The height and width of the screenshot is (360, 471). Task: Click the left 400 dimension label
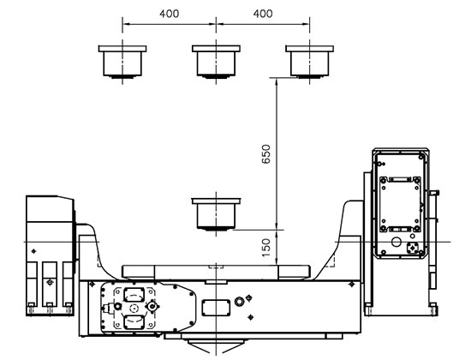coord(169,14)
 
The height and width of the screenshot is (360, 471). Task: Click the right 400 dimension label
coord(263,14)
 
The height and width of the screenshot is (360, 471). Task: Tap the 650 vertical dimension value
coord(266,154)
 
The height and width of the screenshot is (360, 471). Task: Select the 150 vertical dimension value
coord(266,248)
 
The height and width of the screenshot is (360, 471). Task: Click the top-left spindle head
coord(122,62)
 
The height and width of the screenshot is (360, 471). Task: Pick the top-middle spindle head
coord(216,62)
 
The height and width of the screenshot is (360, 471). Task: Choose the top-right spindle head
coord(310,62)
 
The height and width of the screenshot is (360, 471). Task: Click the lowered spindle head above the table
coord(216,214)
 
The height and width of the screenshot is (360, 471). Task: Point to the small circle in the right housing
coord(396,242)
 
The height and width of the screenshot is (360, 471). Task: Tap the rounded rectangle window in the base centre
coord(216,308)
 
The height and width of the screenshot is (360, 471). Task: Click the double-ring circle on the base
coord(240,301)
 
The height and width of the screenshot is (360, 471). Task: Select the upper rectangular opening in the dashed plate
coord(134,294)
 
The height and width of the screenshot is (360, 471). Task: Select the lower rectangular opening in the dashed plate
coord(134,321)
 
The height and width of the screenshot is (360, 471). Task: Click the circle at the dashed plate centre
coord(134,308)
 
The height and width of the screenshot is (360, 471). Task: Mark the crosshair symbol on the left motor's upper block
coord(33,251)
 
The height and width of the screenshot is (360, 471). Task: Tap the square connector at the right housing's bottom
coord(413,248)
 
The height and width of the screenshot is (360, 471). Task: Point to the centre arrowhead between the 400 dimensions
coord(216,24)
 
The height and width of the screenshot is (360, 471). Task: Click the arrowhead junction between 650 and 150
coord(277,230)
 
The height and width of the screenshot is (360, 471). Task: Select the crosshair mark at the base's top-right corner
coord(351,285)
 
